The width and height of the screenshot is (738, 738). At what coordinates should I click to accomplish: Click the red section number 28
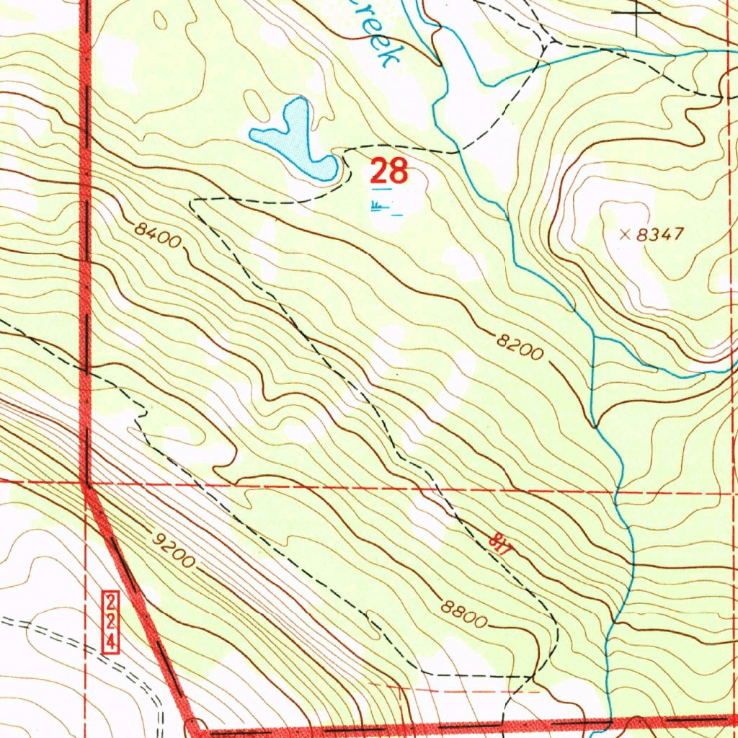(x=389, y=172)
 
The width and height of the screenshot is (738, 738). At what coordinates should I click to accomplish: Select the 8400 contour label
(x=157, y=236)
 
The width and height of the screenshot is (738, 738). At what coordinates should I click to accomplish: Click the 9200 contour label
(x=173, y=550)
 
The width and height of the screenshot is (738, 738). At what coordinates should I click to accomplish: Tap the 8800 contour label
(x=465, y=615)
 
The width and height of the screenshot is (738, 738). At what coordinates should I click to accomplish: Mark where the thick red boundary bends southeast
(x=86, y=488)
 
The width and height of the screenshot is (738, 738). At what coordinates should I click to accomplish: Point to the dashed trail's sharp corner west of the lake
(x=192, y=203)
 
